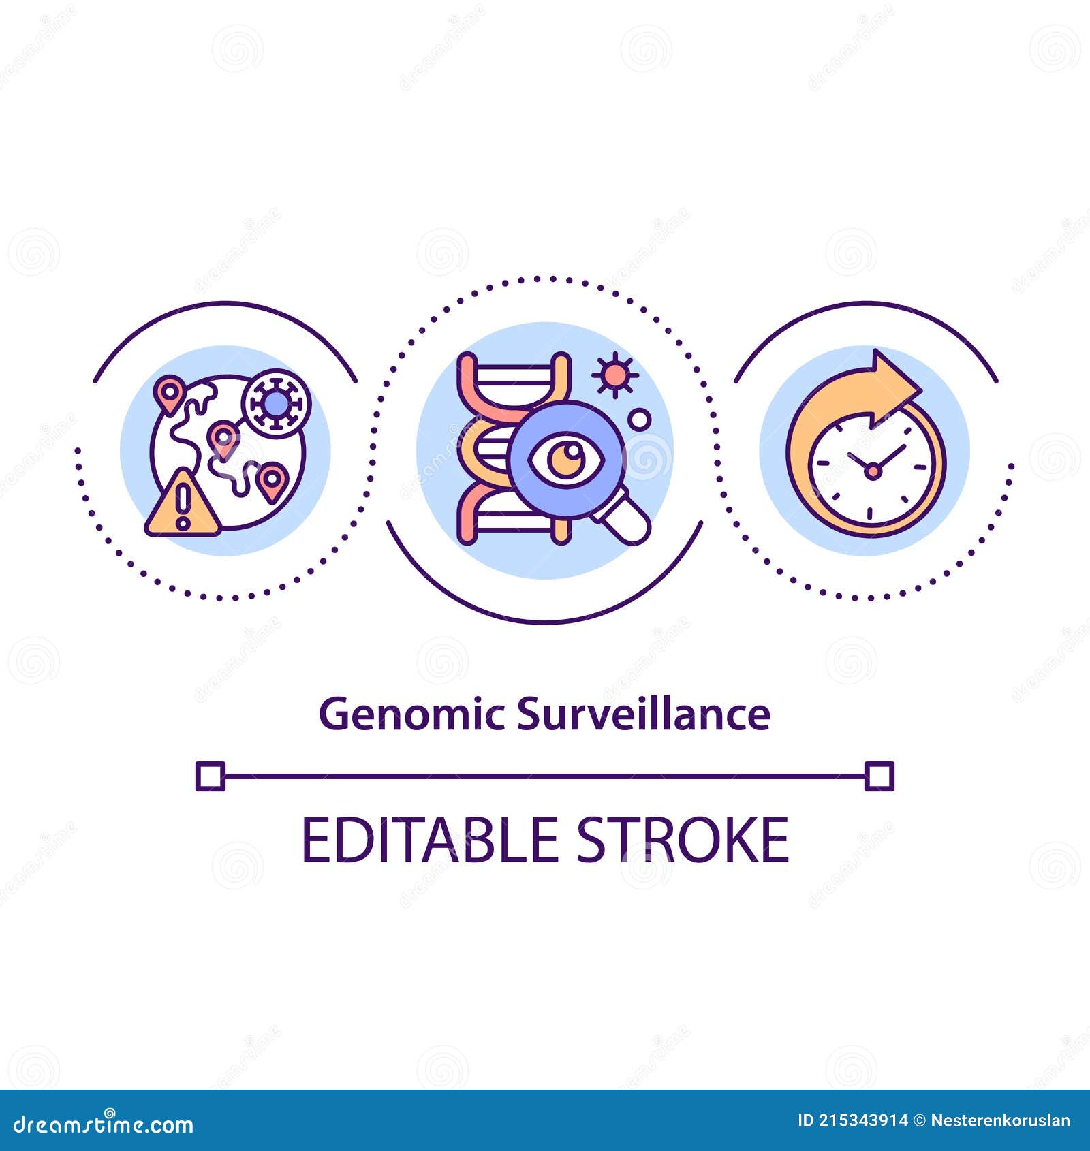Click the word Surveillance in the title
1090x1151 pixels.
pos(644,715)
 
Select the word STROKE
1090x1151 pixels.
pos(683,840)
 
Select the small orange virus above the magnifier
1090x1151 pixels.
pos(614,374)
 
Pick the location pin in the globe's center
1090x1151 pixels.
pos(223,437)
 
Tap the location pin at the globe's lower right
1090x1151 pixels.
pos(272,480)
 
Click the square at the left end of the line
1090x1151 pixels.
pos(210,776)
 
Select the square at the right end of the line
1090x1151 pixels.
pos(879,776)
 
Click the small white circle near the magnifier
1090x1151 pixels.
pos(639,420)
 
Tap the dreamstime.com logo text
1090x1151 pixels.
pos(104,1124)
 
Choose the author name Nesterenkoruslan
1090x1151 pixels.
pos(1000,1120)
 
